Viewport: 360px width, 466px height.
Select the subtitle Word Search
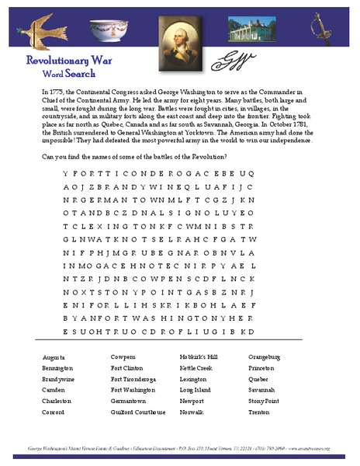coord(69,74)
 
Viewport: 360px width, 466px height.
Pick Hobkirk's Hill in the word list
coord(199,356)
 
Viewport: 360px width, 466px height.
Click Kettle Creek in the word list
coord(196,367)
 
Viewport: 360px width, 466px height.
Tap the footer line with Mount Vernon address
coord(179,449)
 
